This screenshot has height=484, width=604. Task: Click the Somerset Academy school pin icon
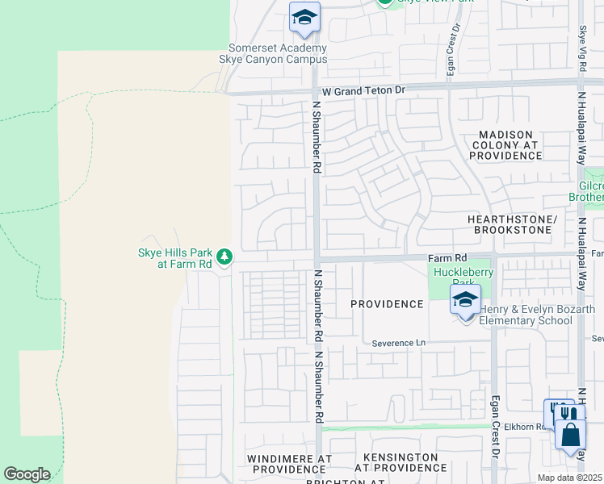pos(304,18)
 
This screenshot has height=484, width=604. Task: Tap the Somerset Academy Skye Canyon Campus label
pos(273,53)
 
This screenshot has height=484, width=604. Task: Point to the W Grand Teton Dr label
pos(362,90)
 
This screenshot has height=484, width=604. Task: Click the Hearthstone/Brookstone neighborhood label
pos(513,224)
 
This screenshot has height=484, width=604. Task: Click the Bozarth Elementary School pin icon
pos(465,300)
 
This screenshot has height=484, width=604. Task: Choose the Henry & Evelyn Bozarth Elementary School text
pos(537,315)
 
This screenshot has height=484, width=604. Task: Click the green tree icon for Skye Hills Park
pos(224,257)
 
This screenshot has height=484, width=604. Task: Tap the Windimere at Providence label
pos(289,463)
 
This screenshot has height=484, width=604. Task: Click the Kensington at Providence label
pos(400,462)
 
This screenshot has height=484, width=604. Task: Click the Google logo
pos(27,474)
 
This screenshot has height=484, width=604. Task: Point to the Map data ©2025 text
pos(569,478)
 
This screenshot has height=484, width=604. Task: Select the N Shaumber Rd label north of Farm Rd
pos(317,137)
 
